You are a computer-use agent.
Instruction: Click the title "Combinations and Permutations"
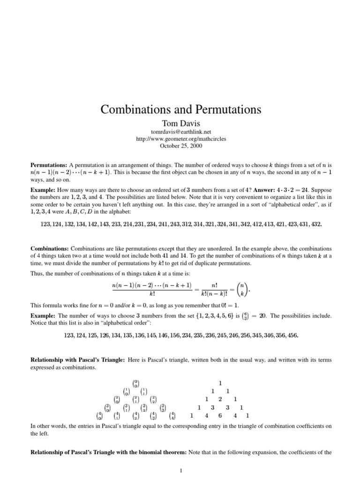point(180,110)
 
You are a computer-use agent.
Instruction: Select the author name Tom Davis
point(180,124)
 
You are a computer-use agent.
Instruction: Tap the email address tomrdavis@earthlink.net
point(180,132)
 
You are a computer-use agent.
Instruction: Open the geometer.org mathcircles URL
point(180,139)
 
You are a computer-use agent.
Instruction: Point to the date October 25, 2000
point(180,146)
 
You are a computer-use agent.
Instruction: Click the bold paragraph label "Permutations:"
point(49,165)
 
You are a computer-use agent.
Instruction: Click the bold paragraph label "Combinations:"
point(50,248)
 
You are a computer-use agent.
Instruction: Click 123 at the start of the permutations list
point(45,224)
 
